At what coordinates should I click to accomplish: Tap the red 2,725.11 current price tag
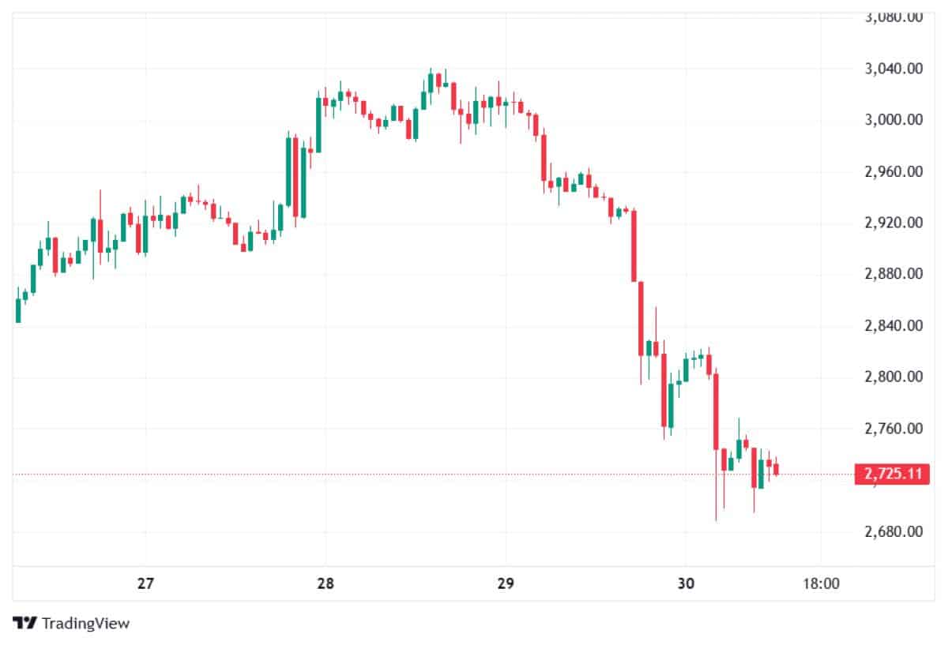[889, 474]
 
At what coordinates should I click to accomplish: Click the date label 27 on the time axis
[145, 584]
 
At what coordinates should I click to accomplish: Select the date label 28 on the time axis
[325, 584]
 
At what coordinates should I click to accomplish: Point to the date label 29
[506, 584]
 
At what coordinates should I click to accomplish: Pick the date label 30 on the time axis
[686, 584]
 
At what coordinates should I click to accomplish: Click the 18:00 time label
[821, 584]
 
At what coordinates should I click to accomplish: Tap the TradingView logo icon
[25, 623]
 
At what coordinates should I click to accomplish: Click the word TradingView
[85, 623]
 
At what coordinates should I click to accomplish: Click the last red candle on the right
[776, 470]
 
